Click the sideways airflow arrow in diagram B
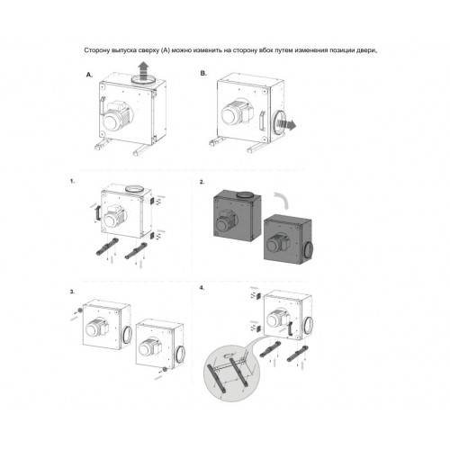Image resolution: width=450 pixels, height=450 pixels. tap(286, 123)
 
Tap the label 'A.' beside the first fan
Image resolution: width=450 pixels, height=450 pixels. tap(89, 75)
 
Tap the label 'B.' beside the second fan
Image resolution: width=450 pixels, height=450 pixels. tap(203, 73)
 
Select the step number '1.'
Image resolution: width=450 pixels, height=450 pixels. tap(72, 181)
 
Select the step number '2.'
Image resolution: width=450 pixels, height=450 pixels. tap(202, 182)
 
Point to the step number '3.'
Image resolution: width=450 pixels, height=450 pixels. tap(72, 292)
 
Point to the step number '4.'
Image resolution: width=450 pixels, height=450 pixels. tap(202, 288)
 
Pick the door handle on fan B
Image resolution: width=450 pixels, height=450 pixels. tap(262, 121)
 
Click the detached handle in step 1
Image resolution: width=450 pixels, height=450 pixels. tap(97, 212)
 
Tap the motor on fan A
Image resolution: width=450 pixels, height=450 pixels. tap(114, 117)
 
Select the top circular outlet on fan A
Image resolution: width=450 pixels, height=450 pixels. tap(143, 80)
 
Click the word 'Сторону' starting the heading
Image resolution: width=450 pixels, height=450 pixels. tap(96, 50)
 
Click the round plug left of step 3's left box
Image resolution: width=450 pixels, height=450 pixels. tap(80, 310)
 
